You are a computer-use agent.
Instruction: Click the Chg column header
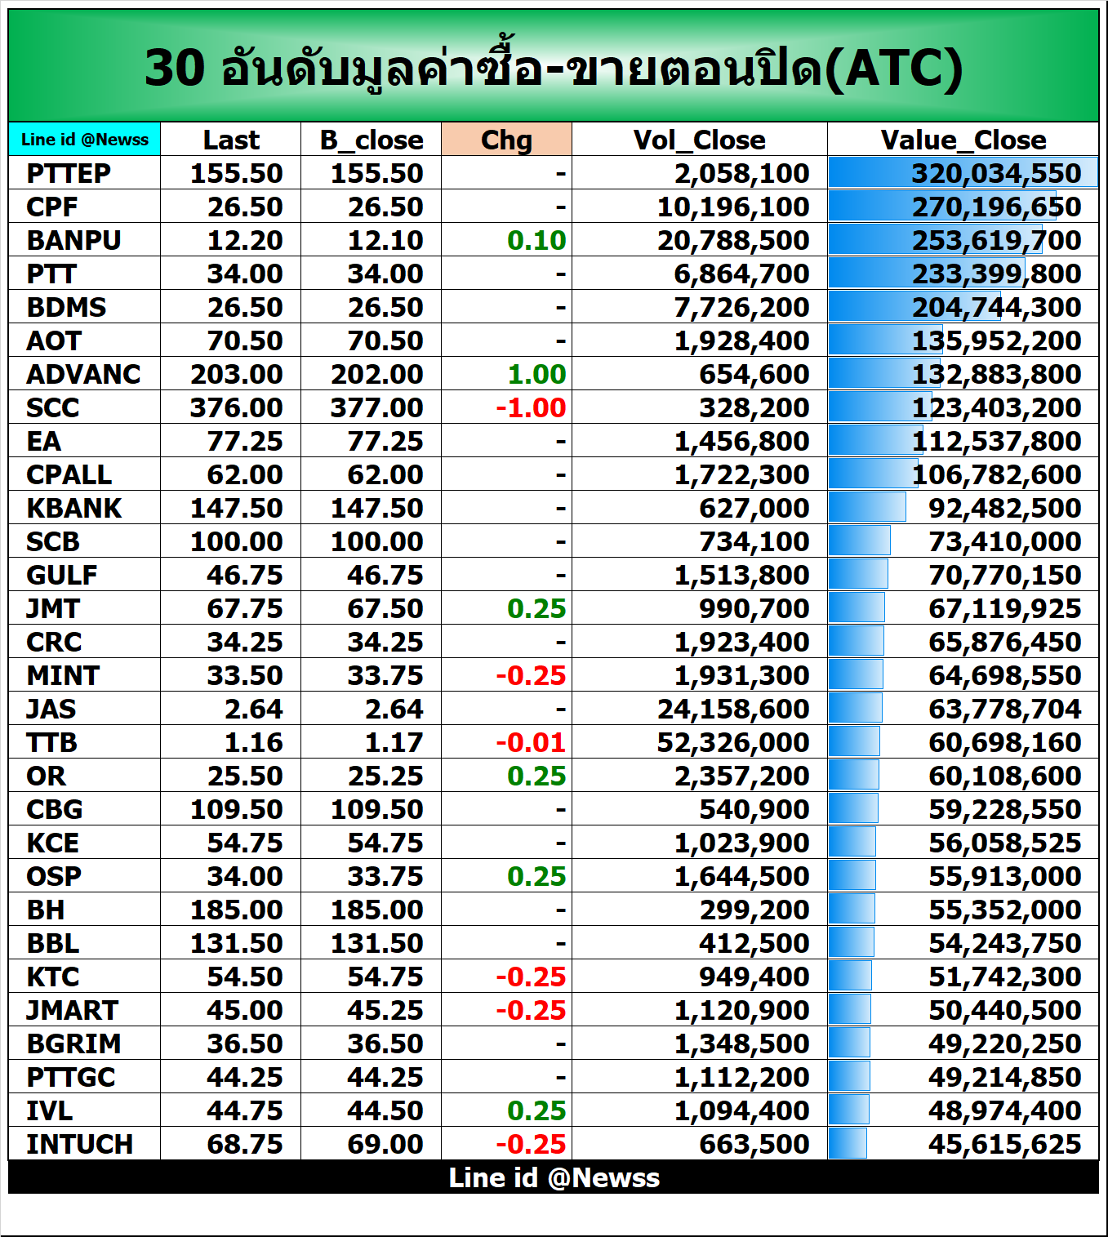pyautogui.click(x=506, y=140)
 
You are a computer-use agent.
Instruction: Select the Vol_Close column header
pyautogui.click(x=699, y=140)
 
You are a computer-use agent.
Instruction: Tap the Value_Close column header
pyautogui.click(x=963, y=140)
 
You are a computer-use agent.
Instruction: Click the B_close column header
pyautogui.click(x=372, y=140)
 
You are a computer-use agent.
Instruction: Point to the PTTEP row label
pyautogui.click(x=69, y=173)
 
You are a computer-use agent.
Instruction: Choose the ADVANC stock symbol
pyautogui.click(x=83, y=374)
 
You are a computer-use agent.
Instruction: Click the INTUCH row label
pyautogui.click(x=79, y=1144)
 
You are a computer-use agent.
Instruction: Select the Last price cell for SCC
pyautogui.click(x=236, y=407)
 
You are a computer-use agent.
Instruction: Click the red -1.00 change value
pyautogui.click(x=531, y=407)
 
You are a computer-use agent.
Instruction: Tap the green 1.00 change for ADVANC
pyautogui.click(x=536, y=374)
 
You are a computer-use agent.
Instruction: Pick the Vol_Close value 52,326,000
pyautogui.click(x=732, y=742)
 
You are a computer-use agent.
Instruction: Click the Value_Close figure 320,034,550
pyautogui.click(x=996, y=173)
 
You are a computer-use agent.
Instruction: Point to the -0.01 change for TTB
pyautogui.click(x=531, y=742)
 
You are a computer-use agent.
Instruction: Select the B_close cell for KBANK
pyautogui.click(x=376, y=508)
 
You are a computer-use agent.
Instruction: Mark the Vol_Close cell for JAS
pyautogui.click(x=732, y=709)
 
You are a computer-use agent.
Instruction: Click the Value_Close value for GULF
pyautogui.click(x=1004, y=575)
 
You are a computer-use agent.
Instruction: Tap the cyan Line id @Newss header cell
pyautogui.click(x=85, y=140)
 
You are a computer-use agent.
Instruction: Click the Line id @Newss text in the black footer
pyautogui.click(x=554, y=1177)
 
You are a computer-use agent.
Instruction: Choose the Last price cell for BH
pyautogui.click(x=236, y=910)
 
